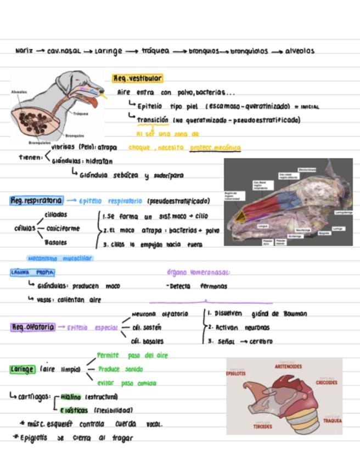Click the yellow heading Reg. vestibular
(x=137, y=79)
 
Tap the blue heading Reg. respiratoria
(x=36, y=201)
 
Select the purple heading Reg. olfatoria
(x=33, y=327)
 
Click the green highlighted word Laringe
(x=22, y=370)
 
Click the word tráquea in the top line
(x=154, y=51)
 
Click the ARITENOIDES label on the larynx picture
(x=289, y=366)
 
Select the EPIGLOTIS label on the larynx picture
(x=236, y=373)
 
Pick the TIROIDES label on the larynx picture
(x=262, y=426)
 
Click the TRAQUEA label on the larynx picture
(x=332, y=421)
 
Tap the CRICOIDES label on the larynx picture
(x=327, y=382)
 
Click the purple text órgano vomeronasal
(x=198, y=272)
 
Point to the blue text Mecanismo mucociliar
(x=60, y=258)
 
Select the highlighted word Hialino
(x=70, y=396)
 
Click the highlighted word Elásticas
(x=74, y=410)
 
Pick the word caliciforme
(x=63, y=229)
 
